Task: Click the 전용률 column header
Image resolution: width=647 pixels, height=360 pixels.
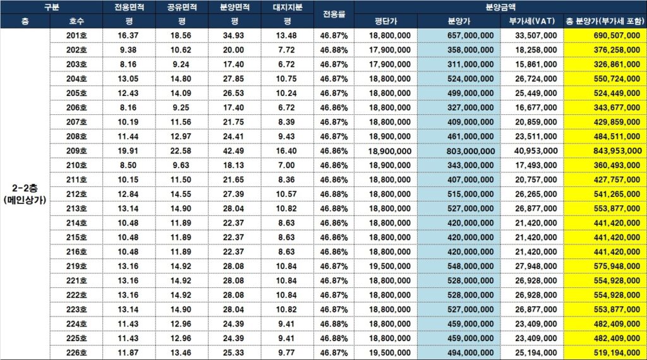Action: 334,15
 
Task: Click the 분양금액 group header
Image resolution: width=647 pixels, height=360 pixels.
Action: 500,7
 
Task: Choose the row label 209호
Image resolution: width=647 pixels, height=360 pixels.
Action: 76,151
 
